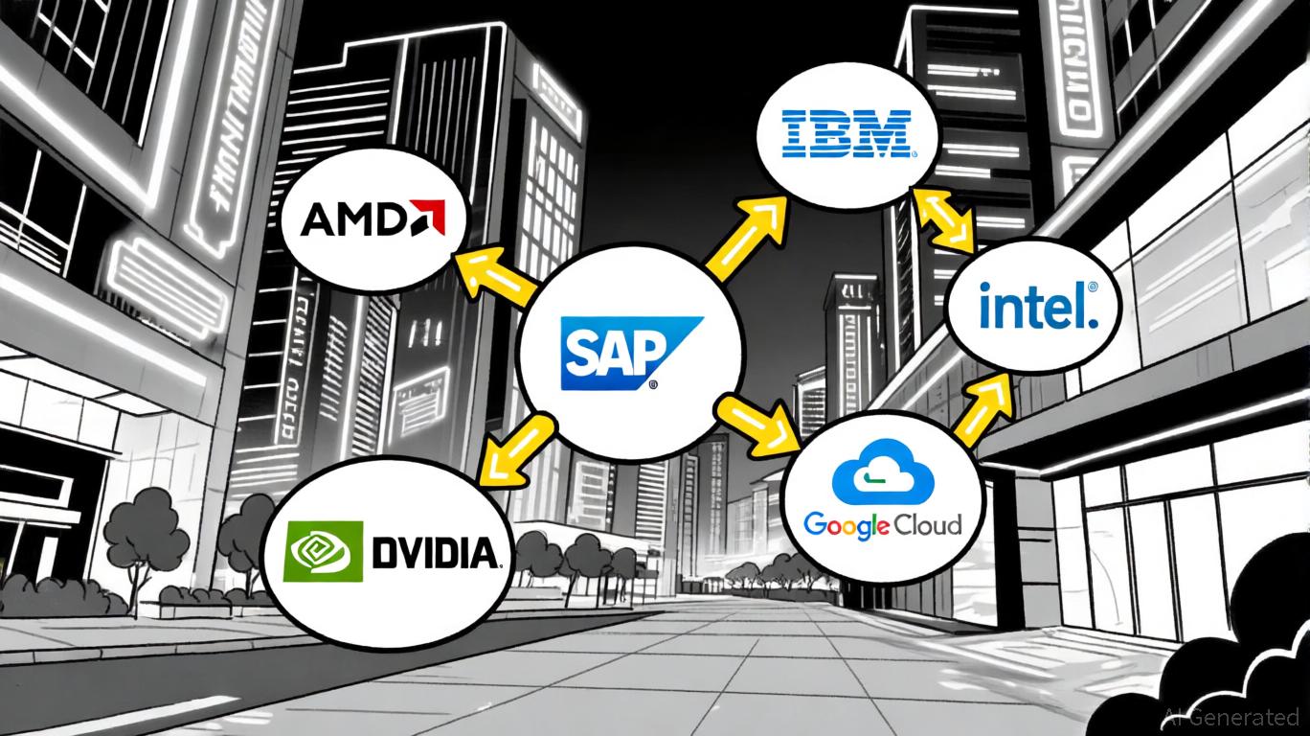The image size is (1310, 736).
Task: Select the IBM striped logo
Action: tap(844, 134)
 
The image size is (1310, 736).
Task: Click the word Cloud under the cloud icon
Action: tap(927, 524)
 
